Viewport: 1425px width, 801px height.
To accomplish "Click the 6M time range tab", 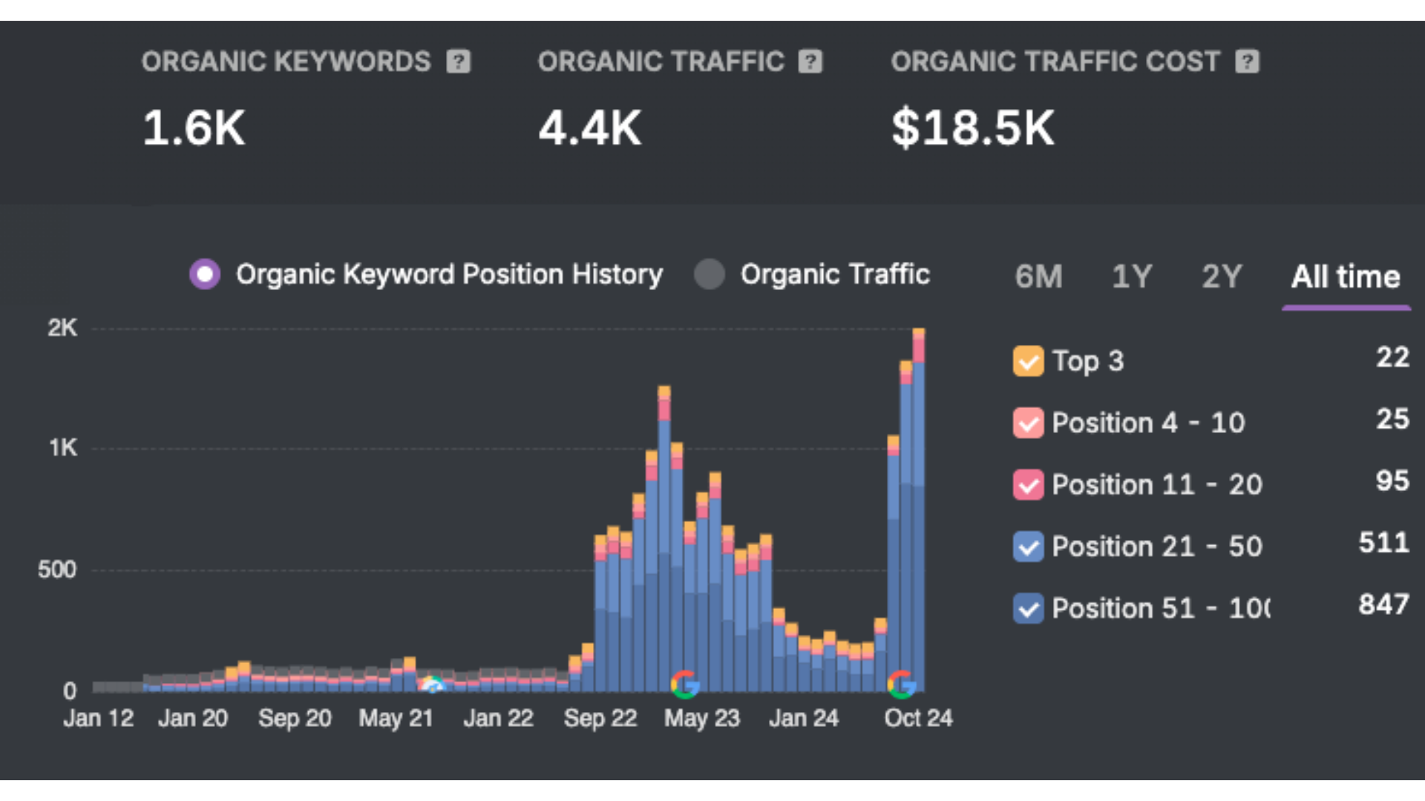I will click(1038, 277).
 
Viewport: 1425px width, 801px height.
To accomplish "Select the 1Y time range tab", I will click(1131, 277).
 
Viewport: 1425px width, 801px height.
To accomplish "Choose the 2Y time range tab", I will click(1222, 277).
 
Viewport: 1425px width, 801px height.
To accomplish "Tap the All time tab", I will click(1346, 277).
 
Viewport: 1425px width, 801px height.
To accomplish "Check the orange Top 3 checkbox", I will click(1028, 361).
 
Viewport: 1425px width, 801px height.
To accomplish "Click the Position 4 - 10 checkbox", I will click(1028, 423).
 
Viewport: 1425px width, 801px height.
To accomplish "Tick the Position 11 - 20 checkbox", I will click(1028, 485).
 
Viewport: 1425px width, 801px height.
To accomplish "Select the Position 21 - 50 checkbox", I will click(1028, 547).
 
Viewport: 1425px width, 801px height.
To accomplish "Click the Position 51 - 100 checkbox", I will click(1028, 608).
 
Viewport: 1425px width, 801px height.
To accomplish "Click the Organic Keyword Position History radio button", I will click(205, 274).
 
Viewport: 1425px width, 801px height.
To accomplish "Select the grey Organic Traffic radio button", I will click(710, 274).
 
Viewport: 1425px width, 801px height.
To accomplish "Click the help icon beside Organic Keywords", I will click(459, 62).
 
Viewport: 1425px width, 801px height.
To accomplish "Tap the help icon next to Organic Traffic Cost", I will click(1247, 62).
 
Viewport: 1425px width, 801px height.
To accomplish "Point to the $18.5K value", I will click(972, 128).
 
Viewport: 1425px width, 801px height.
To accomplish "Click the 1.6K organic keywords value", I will click(194, 128).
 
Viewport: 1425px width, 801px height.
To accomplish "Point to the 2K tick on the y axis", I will click(62, 328).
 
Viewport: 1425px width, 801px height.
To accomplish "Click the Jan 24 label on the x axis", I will click(804, 718).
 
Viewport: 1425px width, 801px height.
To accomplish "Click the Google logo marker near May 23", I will click(685, 684).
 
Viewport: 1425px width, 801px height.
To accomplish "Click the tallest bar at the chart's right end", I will click(918, 512).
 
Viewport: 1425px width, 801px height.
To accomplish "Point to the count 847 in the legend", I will click(1383, 604).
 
